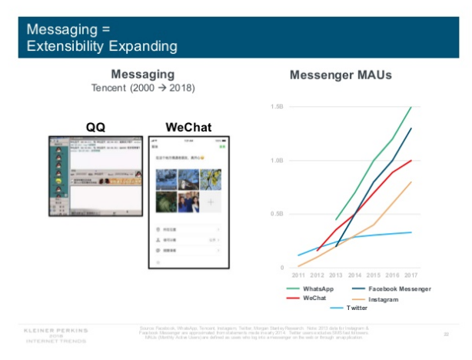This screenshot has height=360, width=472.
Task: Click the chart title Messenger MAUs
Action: tap(340, 75)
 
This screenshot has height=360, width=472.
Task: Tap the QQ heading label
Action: tap(95, 127)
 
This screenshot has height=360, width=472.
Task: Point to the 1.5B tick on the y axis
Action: tap(278, 107)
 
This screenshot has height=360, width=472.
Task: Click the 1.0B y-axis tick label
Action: tap(278, 161)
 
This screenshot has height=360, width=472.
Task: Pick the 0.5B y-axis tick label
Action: tap(278, 214)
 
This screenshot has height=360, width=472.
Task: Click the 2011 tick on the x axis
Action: tap(298, 275)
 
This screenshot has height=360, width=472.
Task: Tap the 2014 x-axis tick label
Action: tap(355, 275)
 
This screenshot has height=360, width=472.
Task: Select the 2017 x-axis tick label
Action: tap(411, 275)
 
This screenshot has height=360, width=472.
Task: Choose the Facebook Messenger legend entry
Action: tap(394, 288)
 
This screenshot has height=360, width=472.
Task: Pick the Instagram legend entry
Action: tap(383, 298)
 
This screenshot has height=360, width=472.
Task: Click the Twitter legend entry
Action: tap(356, 308)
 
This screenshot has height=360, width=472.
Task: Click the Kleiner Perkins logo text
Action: tap(57, 332)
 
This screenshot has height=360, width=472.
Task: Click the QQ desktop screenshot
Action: tap(95, 202)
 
